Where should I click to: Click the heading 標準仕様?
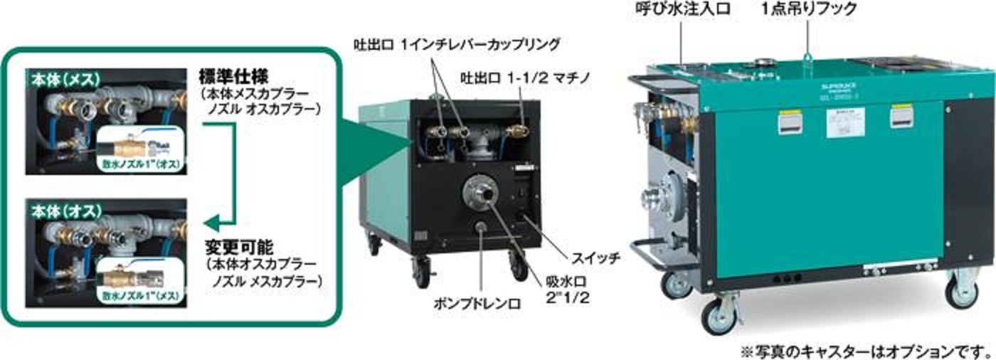[x=230, y=74]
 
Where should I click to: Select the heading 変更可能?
[x=230, y=249]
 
